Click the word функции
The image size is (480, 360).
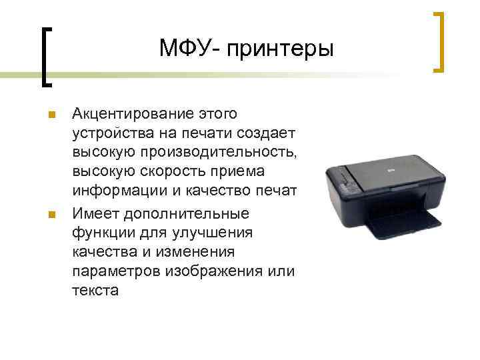(101, 233)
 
